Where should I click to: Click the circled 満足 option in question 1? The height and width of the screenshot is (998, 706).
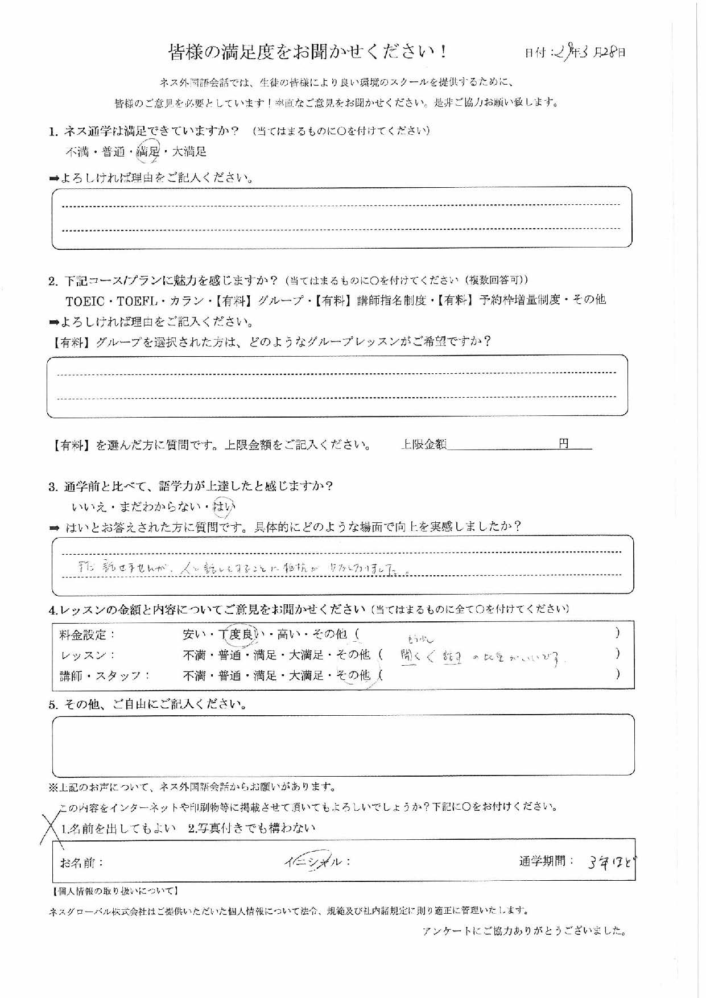pyautogui.click(x=150, y=151)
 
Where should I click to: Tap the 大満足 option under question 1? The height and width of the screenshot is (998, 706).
pyautogui.click(x=189, y=152)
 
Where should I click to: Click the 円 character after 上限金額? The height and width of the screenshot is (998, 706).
pyautogui.click(x=563, y=444)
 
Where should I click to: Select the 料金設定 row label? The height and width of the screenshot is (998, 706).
pyautogui.click(x=87, y=634)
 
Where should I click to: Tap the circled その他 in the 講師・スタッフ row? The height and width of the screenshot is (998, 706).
pyautogui.click(x=353, y=675)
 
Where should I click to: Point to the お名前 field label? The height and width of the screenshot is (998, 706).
pyautogui.click(x=82, y=863)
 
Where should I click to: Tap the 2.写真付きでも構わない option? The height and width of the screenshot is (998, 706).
pyautogui.click(x=251, y=828)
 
